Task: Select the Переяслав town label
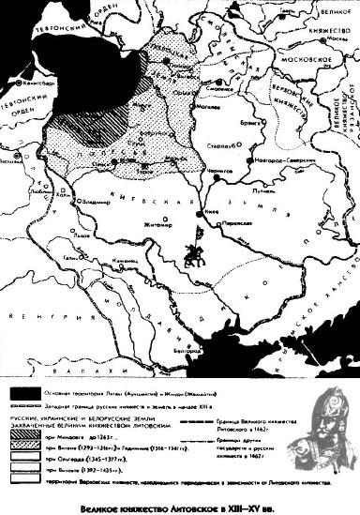tap(237, 226)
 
